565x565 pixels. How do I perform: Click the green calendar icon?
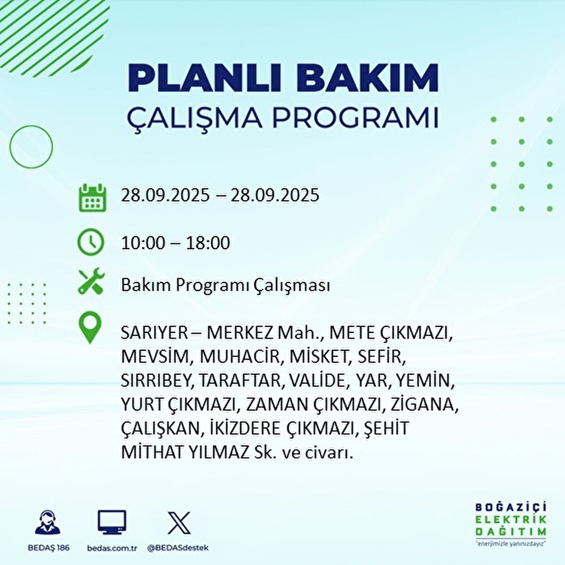point(92,197)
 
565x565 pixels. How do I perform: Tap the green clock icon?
point(90,242)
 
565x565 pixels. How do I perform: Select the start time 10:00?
point(143,243)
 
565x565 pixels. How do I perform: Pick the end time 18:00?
point(208,243)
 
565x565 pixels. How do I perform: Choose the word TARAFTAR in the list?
point(240,380)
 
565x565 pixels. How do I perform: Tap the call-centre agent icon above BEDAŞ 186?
point(48,523)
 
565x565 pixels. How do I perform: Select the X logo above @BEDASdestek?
point(179,523)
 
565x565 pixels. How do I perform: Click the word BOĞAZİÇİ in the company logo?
point(511,508)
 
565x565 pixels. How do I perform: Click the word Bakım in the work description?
point(138,285)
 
